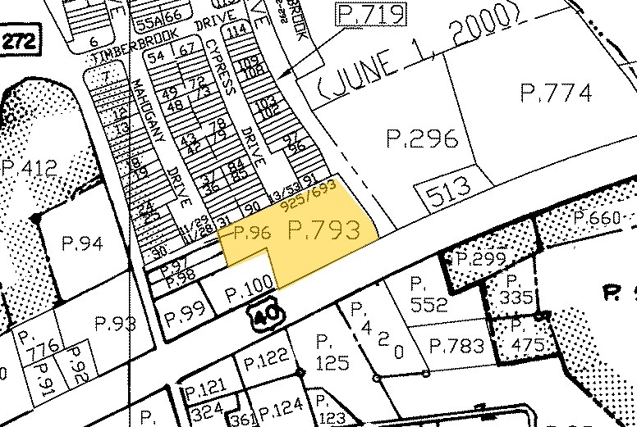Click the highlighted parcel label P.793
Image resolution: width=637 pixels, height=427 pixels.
[325, 231]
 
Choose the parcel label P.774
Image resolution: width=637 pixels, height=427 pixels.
[556, 93]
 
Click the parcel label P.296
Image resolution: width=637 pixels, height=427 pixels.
[421, 139]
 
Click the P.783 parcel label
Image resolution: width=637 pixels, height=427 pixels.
[456, 346]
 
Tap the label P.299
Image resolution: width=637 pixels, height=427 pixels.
[480, 259]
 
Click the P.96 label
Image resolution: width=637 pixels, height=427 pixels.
[252, 233]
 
